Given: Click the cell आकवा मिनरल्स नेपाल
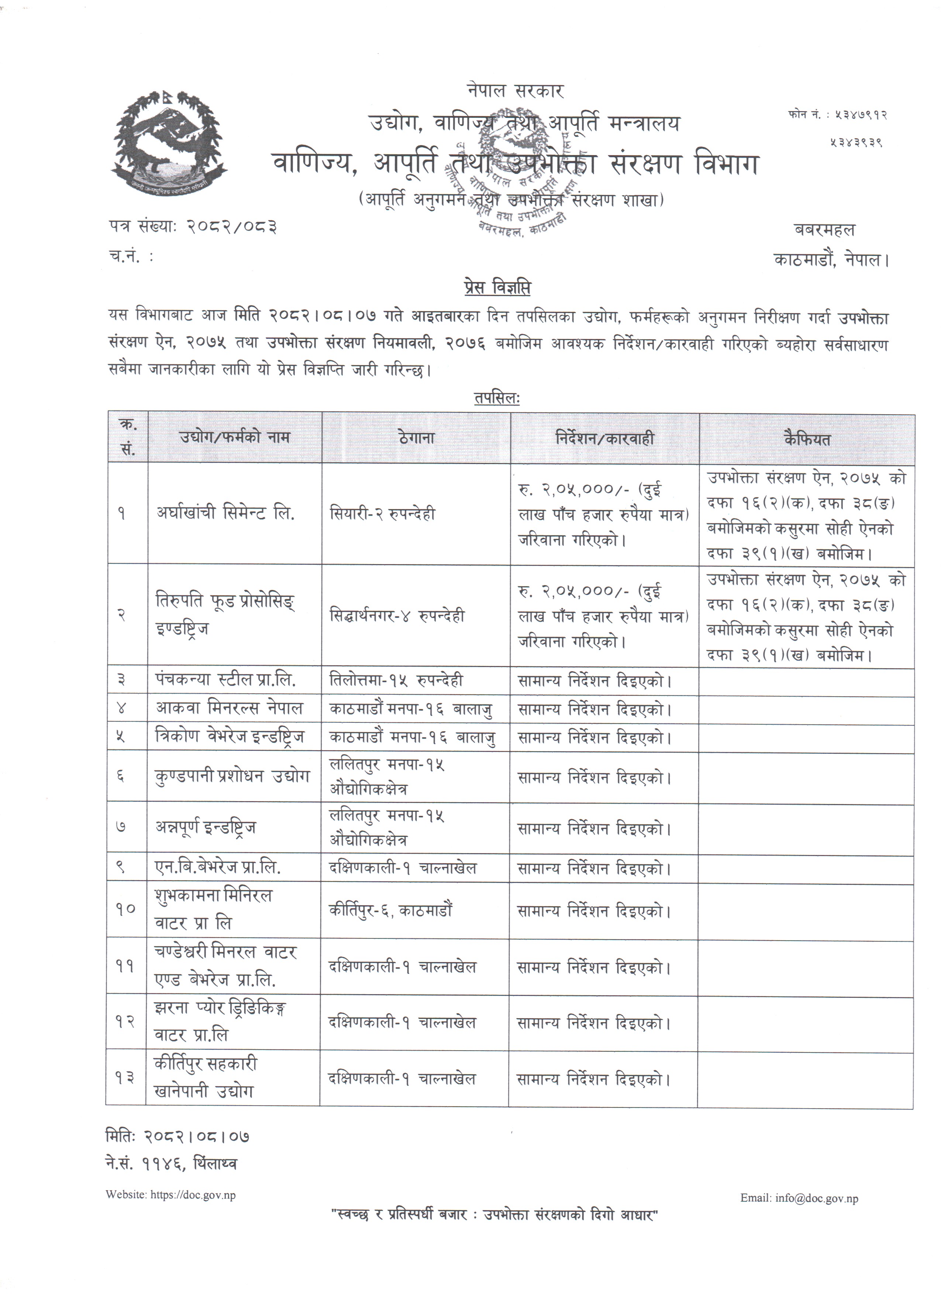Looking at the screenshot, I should pos(230,709).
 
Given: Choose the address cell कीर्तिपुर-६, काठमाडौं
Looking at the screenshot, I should pos(391,910).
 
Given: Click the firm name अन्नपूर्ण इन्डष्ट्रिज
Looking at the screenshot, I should pos(206,827).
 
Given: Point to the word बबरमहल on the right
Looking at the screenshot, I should pos(825,230).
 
